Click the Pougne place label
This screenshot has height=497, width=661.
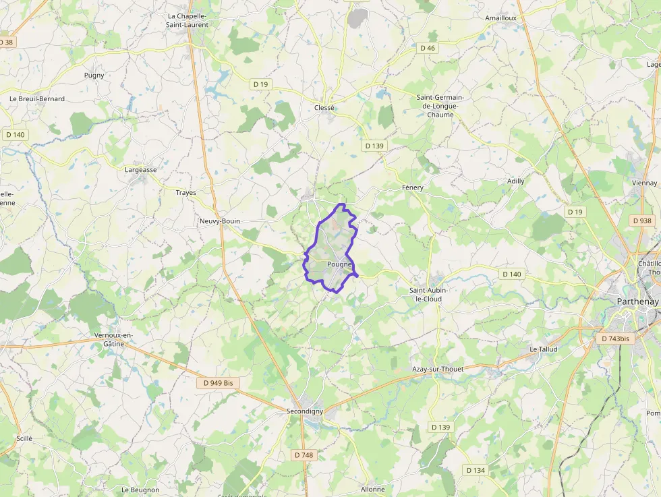[x=339, y=264]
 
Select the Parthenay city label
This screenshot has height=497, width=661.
[x=637, y=301]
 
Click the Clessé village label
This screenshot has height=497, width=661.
[x=324, y=107]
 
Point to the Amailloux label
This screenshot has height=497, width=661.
[x=500, y=18]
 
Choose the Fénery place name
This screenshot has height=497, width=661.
[x=412, y=187]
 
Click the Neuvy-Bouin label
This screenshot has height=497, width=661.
[x=220, y=221]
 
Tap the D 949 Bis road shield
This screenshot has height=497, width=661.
[x=219, y=382]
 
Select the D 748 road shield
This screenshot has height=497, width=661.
[x=304, y=455]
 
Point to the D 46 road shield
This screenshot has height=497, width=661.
[x=428, y=48]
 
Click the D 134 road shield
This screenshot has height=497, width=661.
[x=476, y=470]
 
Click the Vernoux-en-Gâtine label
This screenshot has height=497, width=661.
[x=114, y=339]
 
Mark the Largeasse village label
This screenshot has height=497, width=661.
[x=141, y=170]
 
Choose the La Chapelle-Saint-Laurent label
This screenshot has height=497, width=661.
[x=188, y=20]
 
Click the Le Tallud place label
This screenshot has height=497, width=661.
[x=543, y=349]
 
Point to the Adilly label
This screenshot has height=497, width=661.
[x=515, y=181]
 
